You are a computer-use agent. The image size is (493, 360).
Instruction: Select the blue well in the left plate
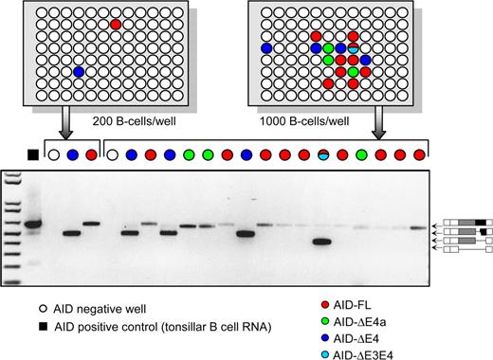(x=79, y=71)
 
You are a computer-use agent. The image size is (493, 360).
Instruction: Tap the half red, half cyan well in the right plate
(x=353, y=47)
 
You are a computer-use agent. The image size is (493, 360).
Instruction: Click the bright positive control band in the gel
(x=34, y=225)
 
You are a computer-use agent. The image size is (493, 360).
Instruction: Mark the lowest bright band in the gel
(x=322, y=242)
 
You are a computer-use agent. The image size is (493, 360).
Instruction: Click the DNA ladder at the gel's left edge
(x=11, y=227)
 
